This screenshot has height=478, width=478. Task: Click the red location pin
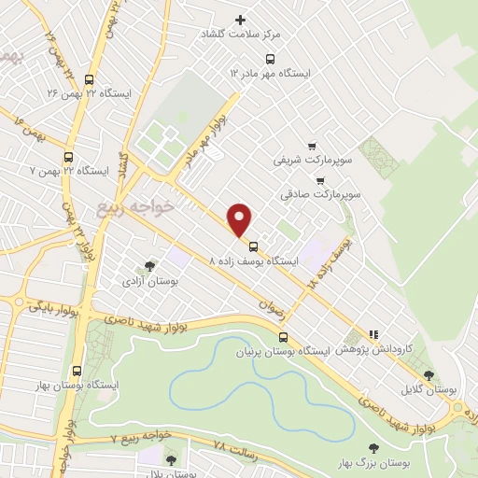pyautogui.click(x=240, y=218)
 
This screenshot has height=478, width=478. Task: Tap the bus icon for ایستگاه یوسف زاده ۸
pyautogui.click(x=254, y=246)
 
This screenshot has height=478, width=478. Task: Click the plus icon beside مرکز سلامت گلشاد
pyautogui.click(x=241, y=20)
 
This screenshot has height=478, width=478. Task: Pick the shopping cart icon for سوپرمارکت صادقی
pyautogui.click(x=320, y=180)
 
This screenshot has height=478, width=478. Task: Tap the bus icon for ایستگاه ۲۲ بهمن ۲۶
pyautogui.click(x=89, y=79)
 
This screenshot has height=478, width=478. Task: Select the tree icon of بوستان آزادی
pyautogui.click(x=150, y=266)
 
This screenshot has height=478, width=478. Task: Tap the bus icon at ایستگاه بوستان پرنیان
pyautogui.click(x=283, y=338)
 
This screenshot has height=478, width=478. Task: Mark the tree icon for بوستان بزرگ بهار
pyautogui.click(x=374, y=449)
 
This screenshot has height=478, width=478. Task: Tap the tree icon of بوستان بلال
pyautogui.click(x=170, y=458)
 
